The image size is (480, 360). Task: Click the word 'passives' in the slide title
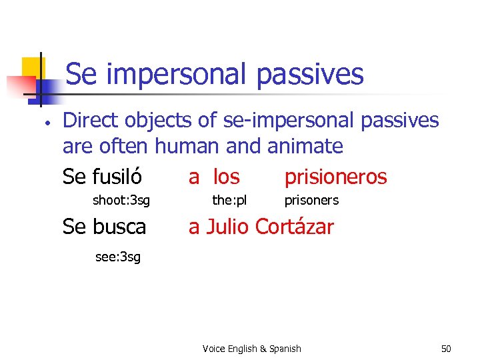click(x=310, y=75)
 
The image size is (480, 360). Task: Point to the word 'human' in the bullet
click(x=193, y=145)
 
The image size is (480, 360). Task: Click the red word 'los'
click(x=226, y=177)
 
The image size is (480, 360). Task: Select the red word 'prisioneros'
click(x=335, y=177)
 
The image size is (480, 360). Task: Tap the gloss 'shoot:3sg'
click(x=121, y=200)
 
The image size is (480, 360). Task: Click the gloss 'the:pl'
click(x=229, y=200)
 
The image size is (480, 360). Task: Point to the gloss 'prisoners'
click(x=311, y=200)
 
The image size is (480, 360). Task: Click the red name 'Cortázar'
click(x=294, y=227)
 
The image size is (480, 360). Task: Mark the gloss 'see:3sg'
click(x=118, y=257)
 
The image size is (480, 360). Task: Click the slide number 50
click(x=446, y=349)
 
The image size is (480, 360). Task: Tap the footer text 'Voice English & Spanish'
click(x=252, y=349)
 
